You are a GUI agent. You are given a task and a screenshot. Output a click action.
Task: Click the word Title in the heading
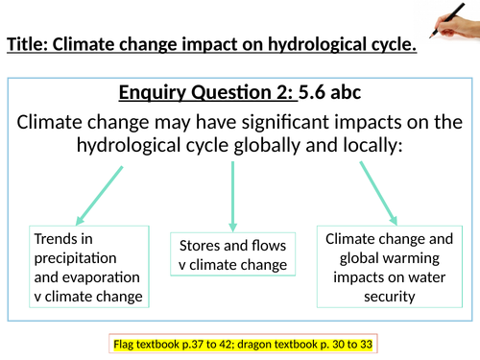click(27, 44)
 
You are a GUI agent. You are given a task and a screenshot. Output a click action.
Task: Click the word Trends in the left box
click(55, 237)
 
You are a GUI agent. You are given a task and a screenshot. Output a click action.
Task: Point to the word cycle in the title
click(394, 44)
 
